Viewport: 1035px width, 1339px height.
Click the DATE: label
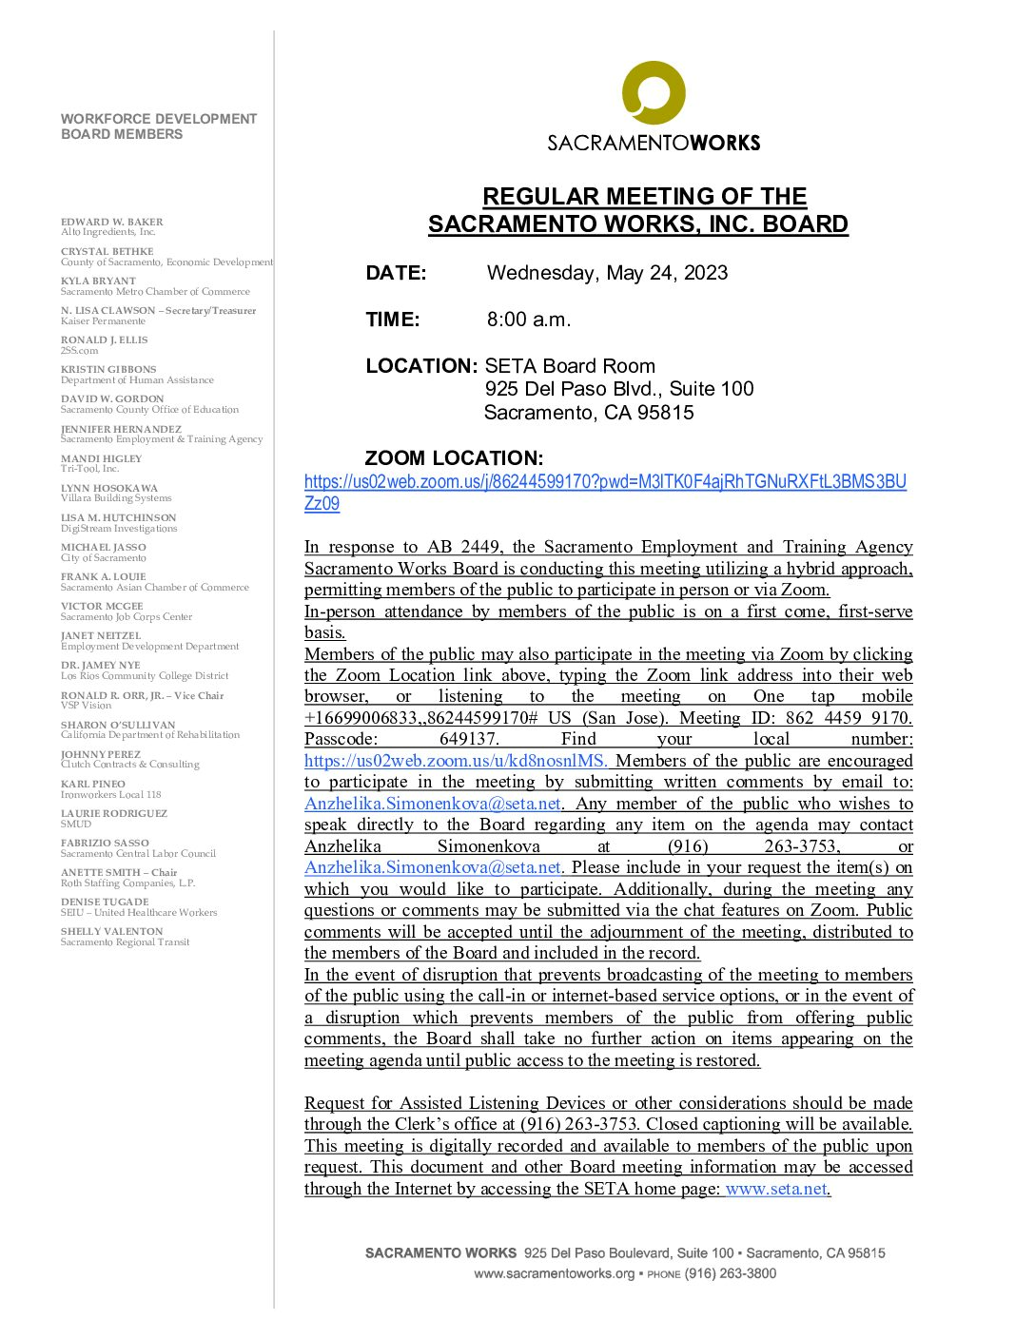[396, 273]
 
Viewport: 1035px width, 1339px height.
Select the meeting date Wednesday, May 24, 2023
[607, 273]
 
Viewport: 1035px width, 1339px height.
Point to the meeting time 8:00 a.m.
[529, 320]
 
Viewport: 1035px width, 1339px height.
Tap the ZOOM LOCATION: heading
[454, 457]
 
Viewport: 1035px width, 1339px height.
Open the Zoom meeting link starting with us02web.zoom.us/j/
[605, 482]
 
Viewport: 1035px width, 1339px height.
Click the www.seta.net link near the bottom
[775, 1189]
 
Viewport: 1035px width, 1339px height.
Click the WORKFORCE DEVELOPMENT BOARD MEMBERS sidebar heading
[159, 126]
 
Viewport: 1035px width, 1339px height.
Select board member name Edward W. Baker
[112, 222]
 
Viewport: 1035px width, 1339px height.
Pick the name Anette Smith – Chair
[119, 872]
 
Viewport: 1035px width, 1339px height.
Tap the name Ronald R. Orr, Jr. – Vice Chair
[143, 695]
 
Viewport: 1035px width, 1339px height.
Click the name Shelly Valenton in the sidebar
[112, 931]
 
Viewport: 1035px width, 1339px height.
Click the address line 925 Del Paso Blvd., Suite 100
[618, 389]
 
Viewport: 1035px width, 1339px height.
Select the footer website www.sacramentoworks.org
[554, 1273]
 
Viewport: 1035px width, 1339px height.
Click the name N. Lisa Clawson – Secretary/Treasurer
[159, 310]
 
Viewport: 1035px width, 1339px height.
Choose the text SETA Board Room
[570, 366]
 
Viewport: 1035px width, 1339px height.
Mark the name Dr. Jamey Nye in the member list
[101, 666]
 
